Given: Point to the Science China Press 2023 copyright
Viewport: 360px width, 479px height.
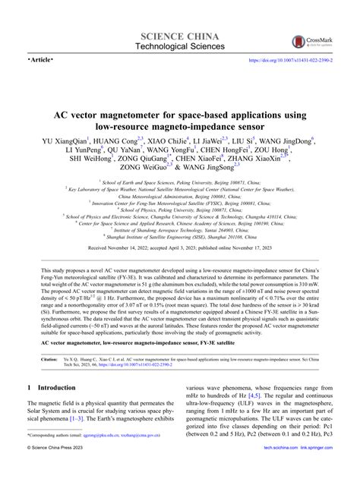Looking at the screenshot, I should pos(62,470).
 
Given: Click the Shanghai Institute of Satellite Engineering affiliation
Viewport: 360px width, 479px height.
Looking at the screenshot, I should pos(180,256).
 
